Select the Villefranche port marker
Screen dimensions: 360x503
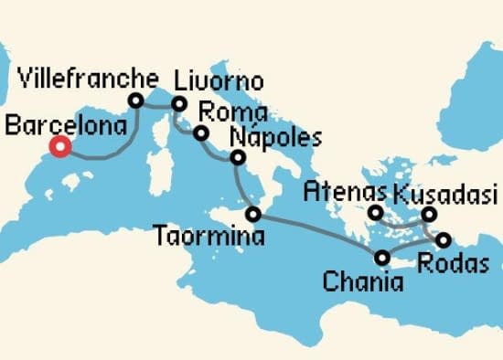(137, 101)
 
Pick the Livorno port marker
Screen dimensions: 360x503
(180, 103)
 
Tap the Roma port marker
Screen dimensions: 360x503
(199, 134)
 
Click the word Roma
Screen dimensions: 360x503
(231, 113)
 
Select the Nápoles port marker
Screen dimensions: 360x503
(238, 158)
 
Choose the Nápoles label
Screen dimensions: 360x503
(277, 138)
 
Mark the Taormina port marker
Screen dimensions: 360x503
(253, 216)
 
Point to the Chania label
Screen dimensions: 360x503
(362, 281)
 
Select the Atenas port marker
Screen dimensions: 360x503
(375, 214)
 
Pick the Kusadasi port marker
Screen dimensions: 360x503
(429, 216)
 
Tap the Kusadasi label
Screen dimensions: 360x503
(444, 194)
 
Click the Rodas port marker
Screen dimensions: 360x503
(444, 241)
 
